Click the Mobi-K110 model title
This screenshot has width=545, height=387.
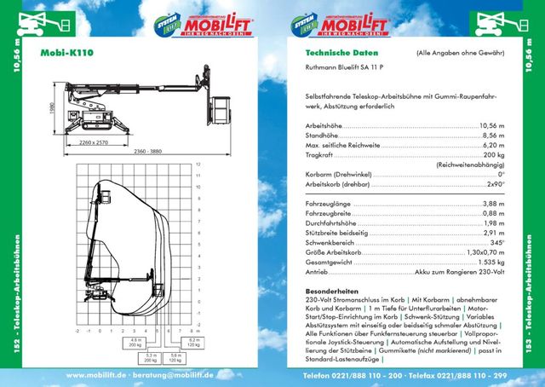point(67,52)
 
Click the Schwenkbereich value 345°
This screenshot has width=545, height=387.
point(496,243)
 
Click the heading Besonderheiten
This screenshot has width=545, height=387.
point(333,292)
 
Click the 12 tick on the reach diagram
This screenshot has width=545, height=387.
point(197,163)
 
